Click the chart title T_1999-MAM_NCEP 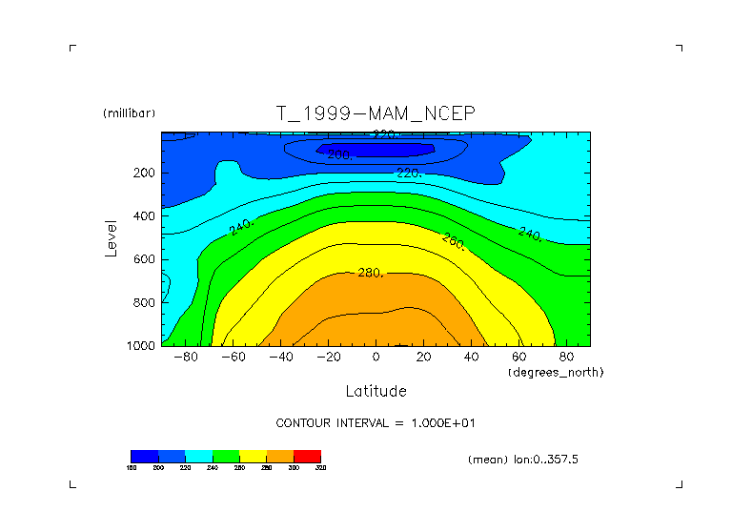(375, 113)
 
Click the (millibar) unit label (129, 113)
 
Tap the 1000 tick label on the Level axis (141, 346)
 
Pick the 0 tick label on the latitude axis (376, 358)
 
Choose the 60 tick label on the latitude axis (518, 358)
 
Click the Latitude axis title (376, 391)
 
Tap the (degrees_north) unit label (556, 372)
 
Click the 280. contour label (370, 274)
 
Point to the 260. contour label (454, 241)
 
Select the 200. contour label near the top (340, 154)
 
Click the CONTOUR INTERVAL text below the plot (382, 422)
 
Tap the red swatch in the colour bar (307, 457)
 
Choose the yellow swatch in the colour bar (253, 457)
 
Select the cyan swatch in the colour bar (198, 457)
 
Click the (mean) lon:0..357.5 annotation (523, 460)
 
